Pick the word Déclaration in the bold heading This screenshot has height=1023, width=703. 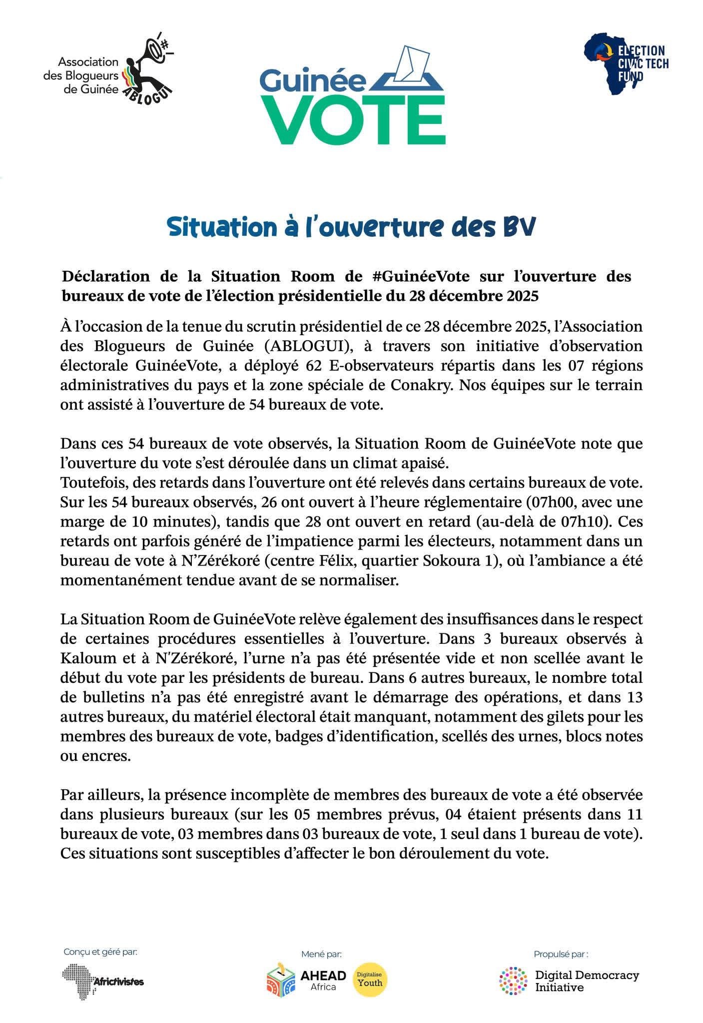[105, 276]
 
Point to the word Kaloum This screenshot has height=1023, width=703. [84, 658]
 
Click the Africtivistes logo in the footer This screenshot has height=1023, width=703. [103, 981]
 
